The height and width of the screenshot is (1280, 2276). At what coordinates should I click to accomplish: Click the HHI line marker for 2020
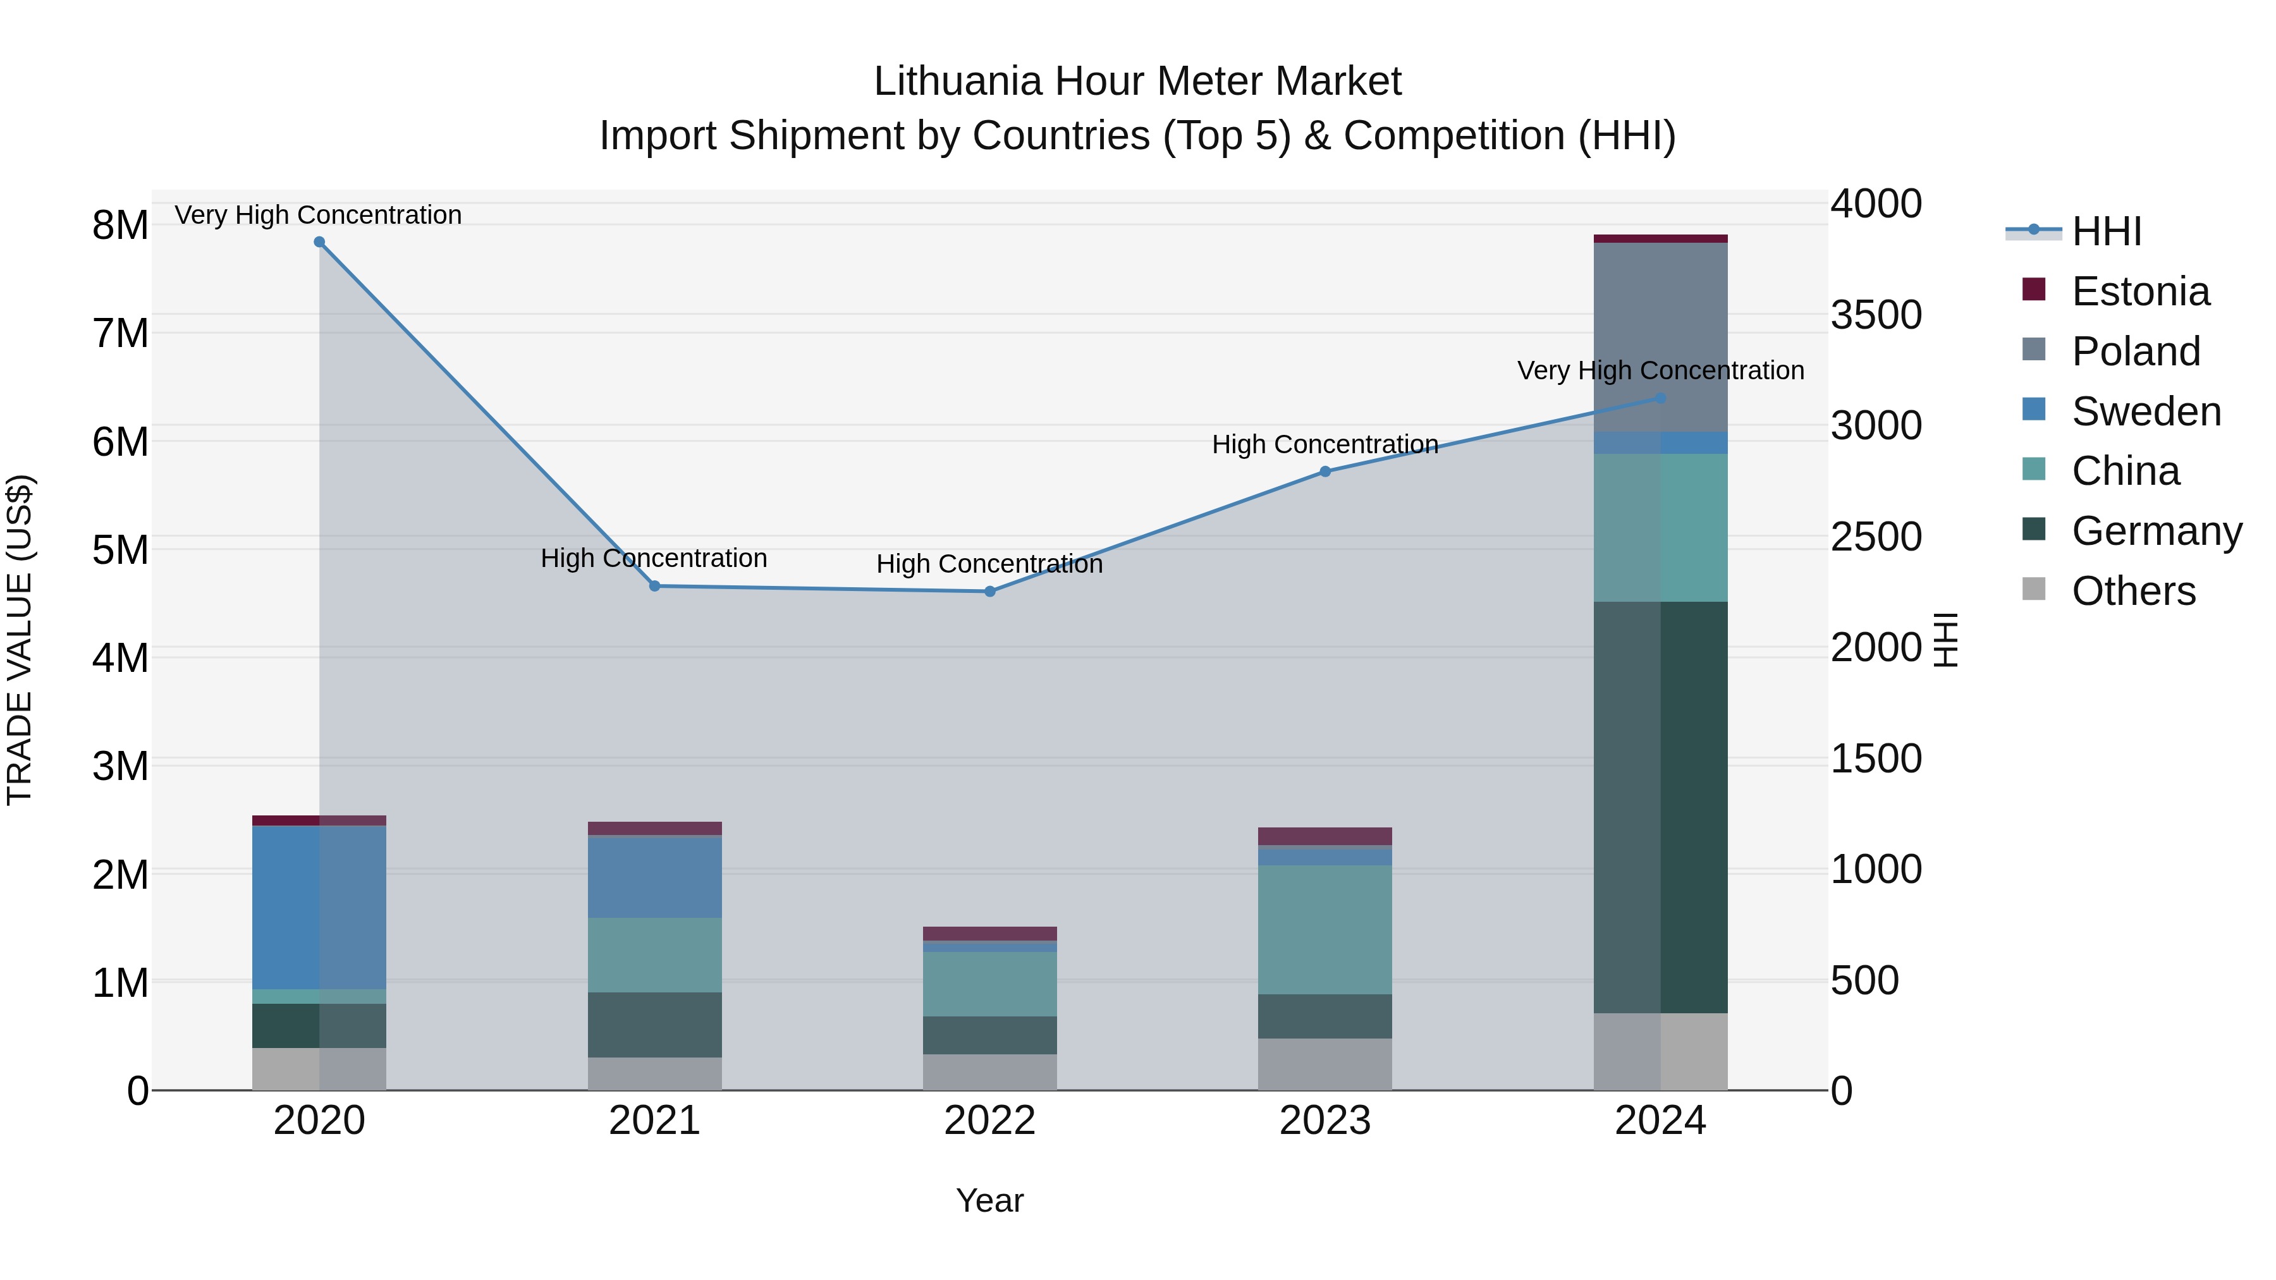pos(320,242)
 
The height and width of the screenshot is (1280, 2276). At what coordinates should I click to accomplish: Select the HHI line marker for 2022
pos(989,592)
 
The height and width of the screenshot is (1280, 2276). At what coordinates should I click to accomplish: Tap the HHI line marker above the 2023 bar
pos(1325,472)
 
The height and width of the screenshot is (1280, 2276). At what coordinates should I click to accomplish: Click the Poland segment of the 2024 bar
pos(1660,336)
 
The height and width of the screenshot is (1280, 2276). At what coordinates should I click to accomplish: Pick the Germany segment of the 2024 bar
pos(1660,807)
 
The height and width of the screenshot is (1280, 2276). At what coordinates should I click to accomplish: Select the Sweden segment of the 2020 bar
pos(319,907)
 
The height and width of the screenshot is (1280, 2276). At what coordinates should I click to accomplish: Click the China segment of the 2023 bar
pos(1325,929)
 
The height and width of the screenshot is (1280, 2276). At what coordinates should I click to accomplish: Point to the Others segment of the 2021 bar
pos(655,1073)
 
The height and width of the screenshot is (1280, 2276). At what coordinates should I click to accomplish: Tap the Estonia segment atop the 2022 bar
pos(989,934)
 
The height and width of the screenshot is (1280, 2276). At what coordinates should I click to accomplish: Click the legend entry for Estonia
pos(2140,291)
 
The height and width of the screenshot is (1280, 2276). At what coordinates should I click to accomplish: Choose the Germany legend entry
pos(2156,531)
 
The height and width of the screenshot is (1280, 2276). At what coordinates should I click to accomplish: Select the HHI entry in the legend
pos(2107,231)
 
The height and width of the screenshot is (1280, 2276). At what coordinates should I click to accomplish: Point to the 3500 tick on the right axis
pos(1876,315)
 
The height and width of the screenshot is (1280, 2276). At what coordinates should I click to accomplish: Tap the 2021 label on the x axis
pos(655,1121)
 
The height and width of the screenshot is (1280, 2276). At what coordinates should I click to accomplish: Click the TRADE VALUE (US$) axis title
pos(20,640)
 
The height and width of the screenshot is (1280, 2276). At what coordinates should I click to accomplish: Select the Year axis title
pos(989,1200)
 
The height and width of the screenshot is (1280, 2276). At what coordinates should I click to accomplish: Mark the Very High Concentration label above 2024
pos(1660,370)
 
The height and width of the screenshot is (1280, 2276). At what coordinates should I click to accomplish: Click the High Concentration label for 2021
pos(654,558)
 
